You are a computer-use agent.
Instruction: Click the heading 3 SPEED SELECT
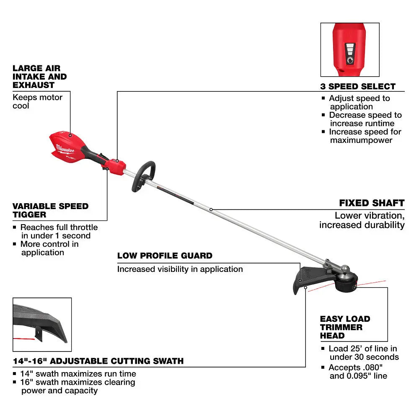point(358,87)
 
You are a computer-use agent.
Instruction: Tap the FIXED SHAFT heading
point(372,203)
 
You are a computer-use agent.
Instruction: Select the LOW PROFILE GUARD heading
point(165,256)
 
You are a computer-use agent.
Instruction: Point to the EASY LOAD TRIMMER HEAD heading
point(345,327)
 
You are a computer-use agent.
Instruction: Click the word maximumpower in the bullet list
point(361,140)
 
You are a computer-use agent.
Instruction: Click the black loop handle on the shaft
point(143,176)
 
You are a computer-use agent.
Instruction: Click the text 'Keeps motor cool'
point(37,101)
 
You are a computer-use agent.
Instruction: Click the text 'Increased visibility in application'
point(180,269)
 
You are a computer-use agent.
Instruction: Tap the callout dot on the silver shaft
point(211,209)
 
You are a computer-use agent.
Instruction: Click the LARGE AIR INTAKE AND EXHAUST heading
point(39,76)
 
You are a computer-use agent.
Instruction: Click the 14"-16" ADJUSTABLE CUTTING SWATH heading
point(98,361)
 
